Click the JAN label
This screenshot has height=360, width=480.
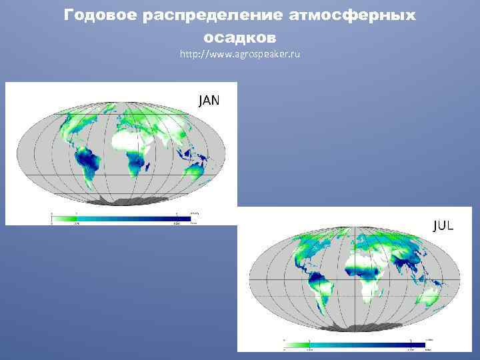(209, 101)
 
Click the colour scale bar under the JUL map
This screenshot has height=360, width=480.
(353, 345)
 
